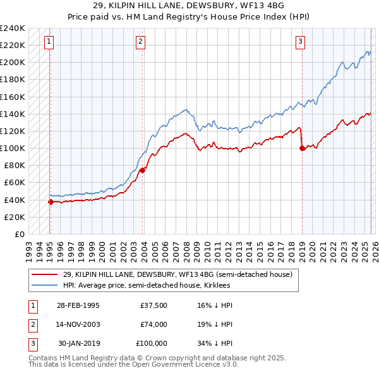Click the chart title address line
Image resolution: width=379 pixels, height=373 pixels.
coord(189,6)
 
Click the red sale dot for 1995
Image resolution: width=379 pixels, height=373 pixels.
coord(51,202)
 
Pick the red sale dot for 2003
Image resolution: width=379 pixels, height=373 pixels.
coord(143,170)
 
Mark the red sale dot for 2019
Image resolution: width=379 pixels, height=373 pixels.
coord(302,148)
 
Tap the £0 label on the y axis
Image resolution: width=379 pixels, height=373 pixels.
coord(19,234)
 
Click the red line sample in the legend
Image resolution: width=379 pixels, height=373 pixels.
coord(45,275)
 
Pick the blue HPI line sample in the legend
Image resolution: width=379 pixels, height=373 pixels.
coord(45,286)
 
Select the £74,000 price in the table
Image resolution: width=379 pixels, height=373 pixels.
coord(153,324)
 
